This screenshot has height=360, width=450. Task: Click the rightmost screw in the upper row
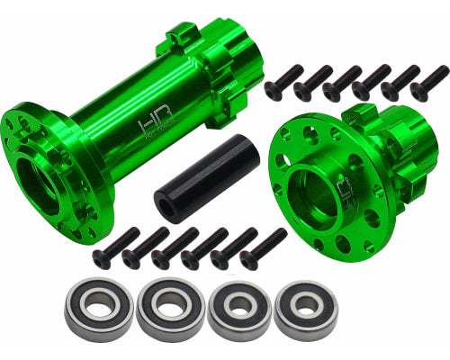[429, 82]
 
